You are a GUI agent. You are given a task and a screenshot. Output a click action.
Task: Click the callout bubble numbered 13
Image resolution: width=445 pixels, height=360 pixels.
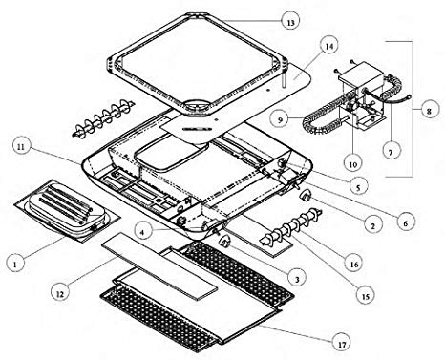click(x=290, y=22)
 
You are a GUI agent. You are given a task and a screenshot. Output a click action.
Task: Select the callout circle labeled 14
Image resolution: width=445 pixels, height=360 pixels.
click(x=328, y=47)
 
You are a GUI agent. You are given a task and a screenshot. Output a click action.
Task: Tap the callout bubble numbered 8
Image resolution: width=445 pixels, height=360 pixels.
click(x=429, y=111)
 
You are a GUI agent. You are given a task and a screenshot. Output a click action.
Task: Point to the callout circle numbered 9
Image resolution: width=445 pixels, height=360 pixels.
click(x=280, y=120)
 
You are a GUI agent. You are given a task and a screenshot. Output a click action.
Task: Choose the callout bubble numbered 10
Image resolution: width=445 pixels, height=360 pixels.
click(x=352, y=164)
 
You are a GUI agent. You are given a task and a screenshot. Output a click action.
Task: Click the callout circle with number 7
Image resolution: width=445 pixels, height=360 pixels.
click(x=391, y=153)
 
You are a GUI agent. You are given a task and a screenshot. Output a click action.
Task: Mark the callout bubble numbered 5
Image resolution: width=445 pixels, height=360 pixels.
click(x=358, y=187)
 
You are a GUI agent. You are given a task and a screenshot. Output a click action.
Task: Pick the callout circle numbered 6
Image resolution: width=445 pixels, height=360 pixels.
click(x=405, y=223)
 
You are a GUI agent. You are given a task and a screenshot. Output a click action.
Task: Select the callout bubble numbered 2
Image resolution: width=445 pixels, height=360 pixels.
click(x=372, y=225)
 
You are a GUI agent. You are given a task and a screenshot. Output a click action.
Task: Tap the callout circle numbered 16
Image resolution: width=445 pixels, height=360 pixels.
click(x=354, y=264)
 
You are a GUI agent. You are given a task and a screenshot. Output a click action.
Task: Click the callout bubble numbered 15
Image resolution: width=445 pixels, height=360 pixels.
click(x=366, y=296)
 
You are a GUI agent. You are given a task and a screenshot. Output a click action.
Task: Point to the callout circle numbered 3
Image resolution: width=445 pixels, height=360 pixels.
click(x=296, y=280)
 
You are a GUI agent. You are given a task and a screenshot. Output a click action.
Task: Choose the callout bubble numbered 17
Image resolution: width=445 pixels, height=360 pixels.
click(x=342, y=345)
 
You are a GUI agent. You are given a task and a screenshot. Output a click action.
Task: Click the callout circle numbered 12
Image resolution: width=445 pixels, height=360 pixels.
click(x=60, y=294)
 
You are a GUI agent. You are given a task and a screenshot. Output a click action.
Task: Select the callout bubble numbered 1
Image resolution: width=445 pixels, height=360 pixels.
click(x=14, y=264)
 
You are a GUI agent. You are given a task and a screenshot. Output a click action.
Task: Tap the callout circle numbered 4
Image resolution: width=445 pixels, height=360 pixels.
click(x=142, y=232)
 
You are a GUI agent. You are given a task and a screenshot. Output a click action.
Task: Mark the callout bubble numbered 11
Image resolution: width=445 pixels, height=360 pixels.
click(x=21, y=147)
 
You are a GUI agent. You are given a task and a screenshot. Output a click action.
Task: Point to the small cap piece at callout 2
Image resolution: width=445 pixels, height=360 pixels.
click(x=305, y=195)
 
